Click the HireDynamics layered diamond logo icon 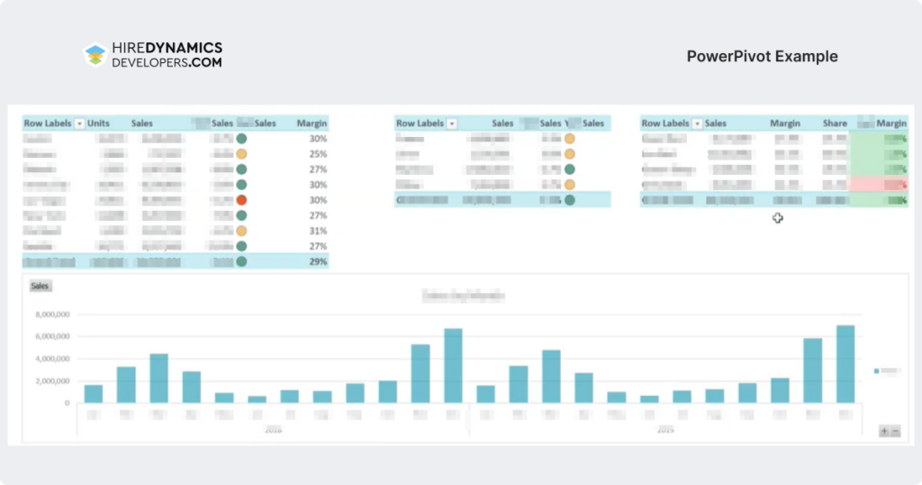tap(95, 55)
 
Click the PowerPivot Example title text tap(762, 56)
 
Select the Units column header tap(98, 124)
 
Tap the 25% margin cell tap(317, 154)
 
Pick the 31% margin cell tap(317, 231)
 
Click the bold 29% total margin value tap(317, 261)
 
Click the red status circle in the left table tap(241, 200)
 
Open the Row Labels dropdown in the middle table tap(452, 124)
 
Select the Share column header tap(835, 124)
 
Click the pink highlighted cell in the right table tap(878, 185)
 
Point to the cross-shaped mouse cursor tap(777, 217)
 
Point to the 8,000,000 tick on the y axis tap(52, 315)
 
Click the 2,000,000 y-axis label tap(52, 381)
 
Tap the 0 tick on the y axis tap(66, 403)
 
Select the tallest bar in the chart tap(845, 364)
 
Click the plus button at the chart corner tap(884, 432)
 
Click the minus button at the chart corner tap(895, 432)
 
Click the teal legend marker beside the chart tap(876, 371)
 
